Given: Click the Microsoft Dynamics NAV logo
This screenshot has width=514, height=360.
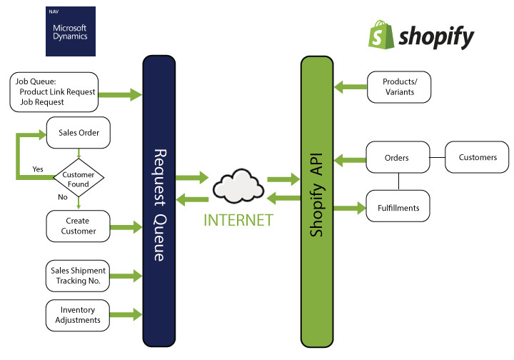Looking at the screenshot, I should pyautogui.click(x=70, y=31).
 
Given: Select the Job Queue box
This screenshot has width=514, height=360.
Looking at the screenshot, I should pyautogui.click(x=54, y=92).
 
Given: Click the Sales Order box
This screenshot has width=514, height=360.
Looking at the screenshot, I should pyautogui.click(x=78, y=132).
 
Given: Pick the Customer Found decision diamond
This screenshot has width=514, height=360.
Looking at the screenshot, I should pyautogui.click(x=79, y=179).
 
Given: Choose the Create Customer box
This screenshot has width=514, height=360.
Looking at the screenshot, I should pyautogui.click(x=78, y=226).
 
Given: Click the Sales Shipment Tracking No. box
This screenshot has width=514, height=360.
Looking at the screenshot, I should pyautogui.click(x=78, y=275).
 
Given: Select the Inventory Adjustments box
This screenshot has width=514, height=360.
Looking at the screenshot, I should pyautogui.click(x=78, y=315).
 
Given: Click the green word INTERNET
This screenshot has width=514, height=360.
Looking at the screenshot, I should pyautogui.click(x=238, y=219).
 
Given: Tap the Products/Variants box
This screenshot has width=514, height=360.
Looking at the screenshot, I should pyautogui.click(x=399, y=86).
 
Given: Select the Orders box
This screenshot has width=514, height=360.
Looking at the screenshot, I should pyautogui.click(x=397, y=157).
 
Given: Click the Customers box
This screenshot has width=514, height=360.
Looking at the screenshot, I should pyautogui.click(x=478, y=157).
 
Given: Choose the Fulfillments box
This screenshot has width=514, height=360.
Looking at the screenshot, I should pyautogui.click(x=398, y=209).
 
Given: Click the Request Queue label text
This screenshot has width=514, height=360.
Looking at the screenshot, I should pyautogui.click(x=160, y=204).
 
